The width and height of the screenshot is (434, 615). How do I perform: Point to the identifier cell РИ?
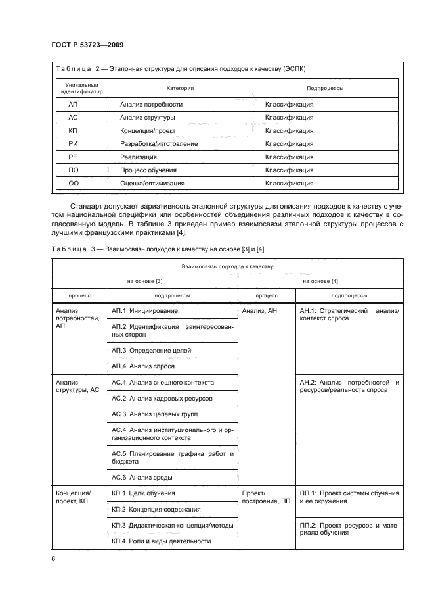tap(73, 144)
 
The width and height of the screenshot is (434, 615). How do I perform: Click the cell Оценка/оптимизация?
tap(152, 184)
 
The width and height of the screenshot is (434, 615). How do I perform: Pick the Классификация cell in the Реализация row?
tap(289, 157)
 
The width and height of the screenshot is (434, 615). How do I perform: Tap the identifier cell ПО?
tap(73, 170)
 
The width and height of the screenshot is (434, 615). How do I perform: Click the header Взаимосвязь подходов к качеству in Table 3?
tap(226, 267)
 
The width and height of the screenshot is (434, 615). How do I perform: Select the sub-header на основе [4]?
tap(320, 282)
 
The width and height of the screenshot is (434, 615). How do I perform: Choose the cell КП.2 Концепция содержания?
tap(156, 509)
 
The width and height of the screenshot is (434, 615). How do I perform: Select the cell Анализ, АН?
tap(260, 310)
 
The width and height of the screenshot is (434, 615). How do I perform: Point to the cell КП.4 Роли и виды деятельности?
tap(161, 541)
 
